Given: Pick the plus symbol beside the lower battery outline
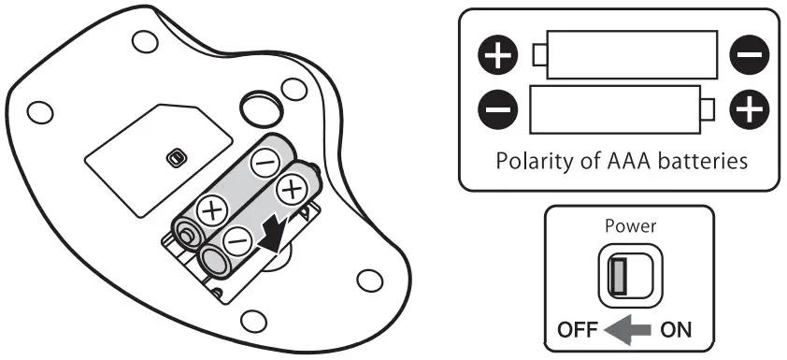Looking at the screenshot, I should pos(749,110).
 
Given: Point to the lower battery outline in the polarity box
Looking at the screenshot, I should pos(622,109).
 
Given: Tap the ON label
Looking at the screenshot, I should pos(676,330).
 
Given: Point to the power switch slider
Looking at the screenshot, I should pos(618,274).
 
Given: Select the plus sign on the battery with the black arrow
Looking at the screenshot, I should pos(291,192).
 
